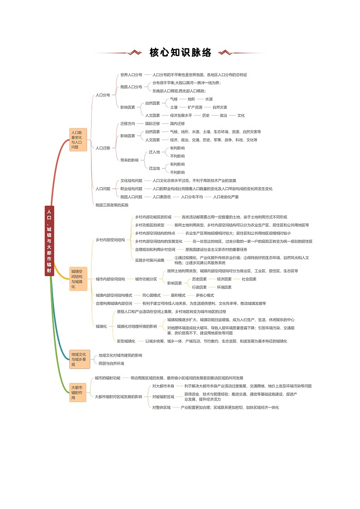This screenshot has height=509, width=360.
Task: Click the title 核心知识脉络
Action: point(180,53)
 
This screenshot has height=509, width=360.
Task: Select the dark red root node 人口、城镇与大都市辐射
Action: point(49,240)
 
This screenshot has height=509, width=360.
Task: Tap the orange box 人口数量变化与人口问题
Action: point(78,140)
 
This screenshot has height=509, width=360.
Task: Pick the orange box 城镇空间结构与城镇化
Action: point(78,279)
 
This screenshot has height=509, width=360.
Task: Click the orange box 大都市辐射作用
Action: point(78,393)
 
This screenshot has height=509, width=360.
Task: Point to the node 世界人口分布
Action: point(131,75)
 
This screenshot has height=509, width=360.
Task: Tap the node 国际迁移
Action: point(152,123)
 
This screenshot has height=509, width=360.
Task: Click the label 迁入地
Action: point(154,152)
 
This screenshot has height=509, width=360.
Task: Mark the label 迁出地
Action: point(154,168)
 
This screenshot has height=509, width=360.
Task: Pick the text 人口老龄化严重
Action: point(226,197)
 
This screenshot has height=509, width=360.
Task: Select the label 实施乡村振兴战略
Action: point(150,260)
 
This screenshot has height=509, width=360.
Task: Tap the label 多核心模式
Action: point(204,295)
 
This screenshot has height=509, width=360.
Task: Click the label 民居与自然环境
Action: point(111,363)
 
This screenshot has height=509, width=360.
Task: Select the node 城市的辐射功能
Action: point(107,378)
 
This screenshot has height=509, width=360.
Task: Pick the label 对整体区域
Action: point(161,407)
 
